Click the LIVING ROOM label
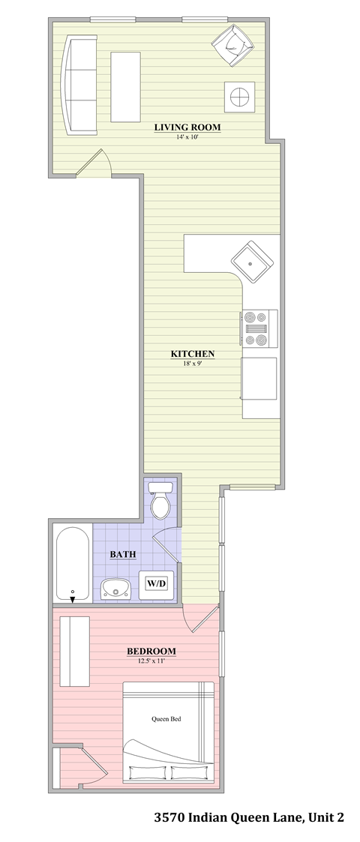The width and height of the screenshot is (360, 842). pyautogui.click(x=187, y=127)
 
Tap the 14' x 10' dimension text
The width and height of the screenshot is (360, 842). pyautogui.click(x=187, y=137)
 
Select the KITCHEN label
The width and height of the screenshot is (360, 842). pyautogui.click(x=193, y=354)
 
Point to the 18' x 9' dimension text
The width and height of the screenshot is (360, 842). pyautogui.click(x=193, y=364)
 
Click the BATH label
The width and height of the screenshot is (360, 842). pyautogui.click(x=122, y=555)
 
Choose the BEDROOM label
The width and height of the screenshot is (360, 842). pyautogui.click(x=151, y=651)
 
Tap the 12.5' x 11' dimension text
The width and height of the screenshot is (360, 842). pyautogui.click(x=151, y=661)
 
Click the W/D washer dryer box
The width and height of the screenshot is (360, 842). pyautogui.click(x=156, y=583)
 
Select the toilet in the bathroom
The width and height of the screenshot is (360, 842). pyautogui.click(x=160, y=502)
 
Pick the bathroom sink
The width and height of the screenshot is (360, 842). pyautogui.click(x=115, y=589)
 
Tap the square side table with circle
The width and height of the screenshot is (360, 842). pyautogui.click(x=239, y=96)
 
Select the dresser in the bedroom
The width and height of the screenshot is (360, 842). pyautogui.click(x=75, y=651)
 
